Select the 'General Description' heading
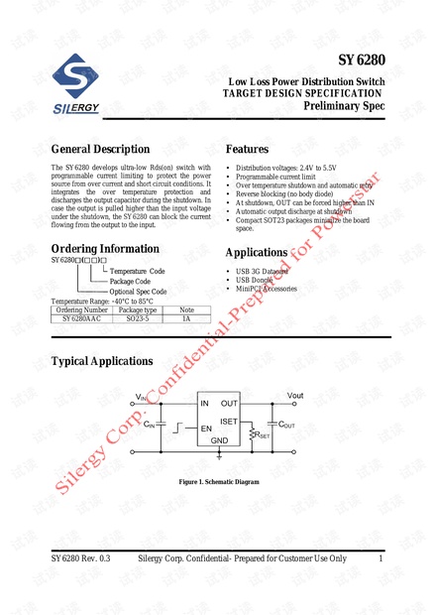100,149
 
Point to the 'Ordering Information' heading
104,248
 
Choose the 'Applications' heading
257,252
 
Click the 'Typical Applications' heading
102,361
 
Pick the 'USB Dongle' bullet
257,280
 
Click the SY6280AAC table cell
81,319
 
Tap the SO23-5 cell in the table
138,319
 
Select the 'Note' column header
185,310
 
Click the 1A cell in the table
185,319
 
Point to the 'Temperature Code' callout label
137,271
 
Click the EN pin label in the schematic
206,429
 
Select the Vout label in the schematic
295,395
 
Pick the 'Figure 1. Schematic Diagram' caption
219,482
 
